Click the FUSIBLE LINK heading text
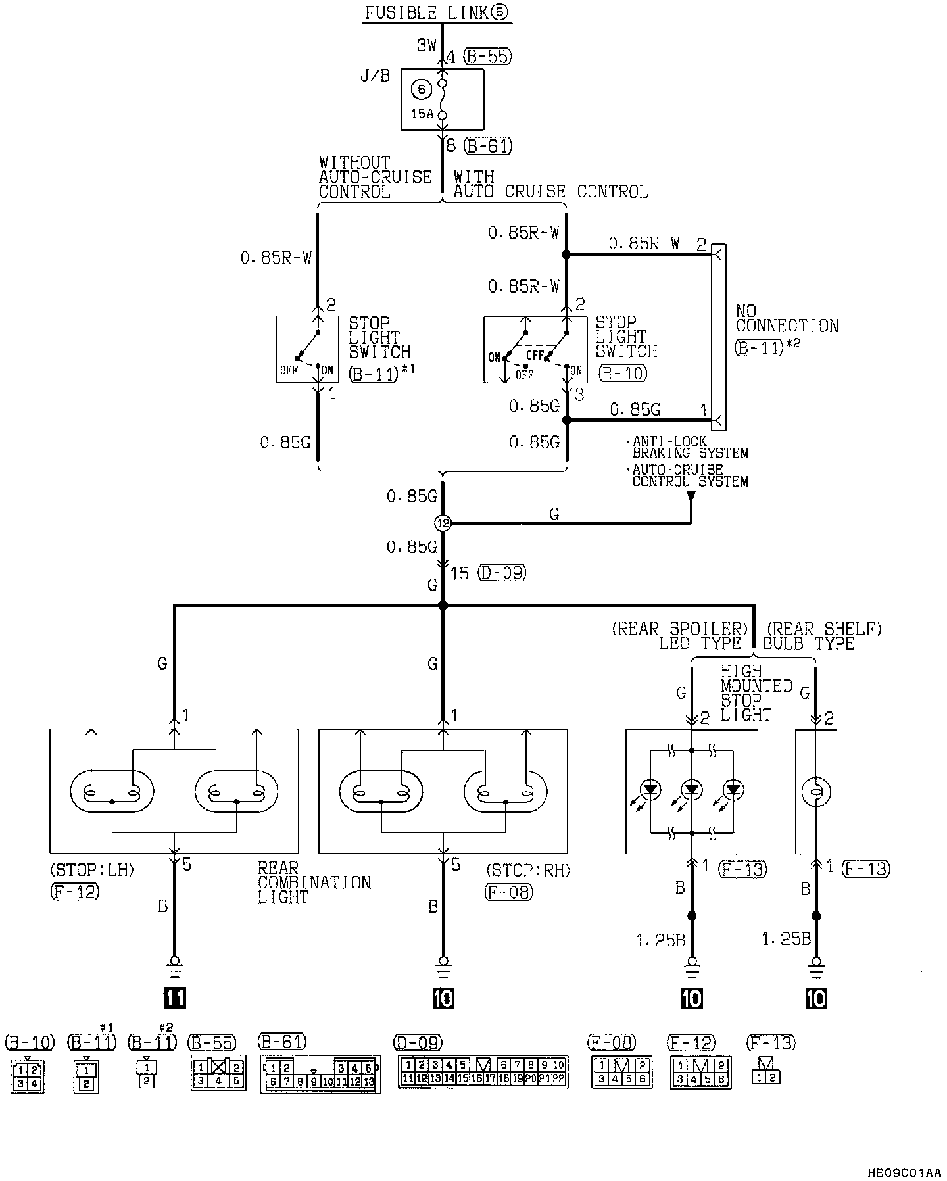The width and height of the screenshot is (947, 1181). (x=437, y=12)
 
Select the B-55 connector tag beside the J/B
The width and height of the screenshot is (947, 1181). (x=487, y=57)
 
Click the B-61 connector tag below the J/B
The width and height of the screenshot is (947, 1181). (x=488, y=145)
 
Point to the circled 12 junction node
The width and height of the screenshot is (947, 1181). (x=443, y=523)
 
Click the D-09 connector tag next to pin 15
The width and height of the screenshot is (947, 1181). (x=502, y=573)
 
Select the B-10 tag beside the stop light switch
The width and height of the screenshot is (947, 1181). (x=623, y=374)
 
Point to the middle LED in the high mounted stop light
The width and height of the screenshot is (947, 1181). (x=692, y=789)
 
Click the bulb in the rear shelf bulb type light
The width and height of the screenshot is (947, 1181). (x=816, y=792)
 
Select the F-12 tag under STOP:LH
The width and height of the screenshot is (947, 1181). (x=74, y=892)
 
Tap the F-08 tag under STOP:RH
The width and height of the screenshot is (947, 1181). (x=509, y=892)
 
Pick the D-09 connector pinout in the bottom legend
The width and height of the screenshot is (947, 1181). (x=483, y=1072)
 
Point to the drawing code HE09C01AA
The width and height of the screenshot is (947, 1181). (x=904, y=1172)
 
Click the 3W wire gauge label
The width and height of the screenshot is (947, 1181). (x=426, y=45)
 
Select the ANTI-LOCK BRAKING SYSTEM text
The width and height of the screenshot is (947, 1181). (x=687, y=447)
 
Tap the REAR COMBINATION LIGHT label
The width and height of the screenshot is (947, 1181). (x=314, y=882)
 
